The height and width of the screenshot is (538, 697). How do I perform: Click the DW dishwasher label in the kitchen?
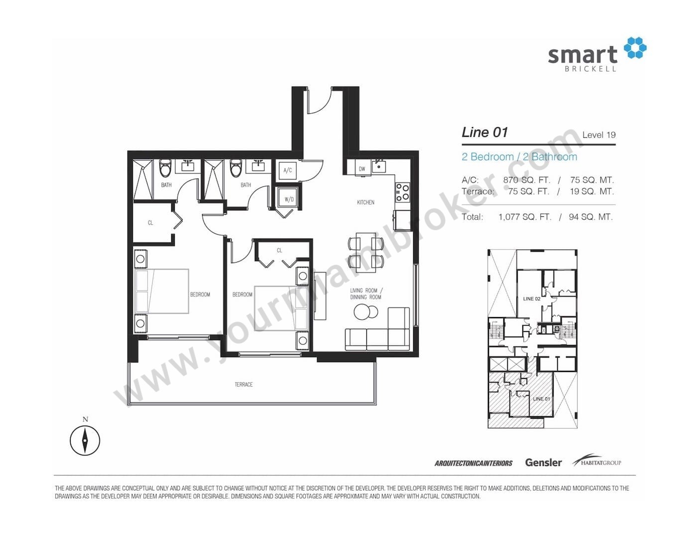pos(362,169)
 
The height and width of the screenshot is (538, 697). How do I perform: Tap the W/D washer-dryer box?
pos(289,199)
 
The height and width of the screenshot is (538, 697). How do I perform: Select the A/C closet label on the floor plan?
pos(288,171)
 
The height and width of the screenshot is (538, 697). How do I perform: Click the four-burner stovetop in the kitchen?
pos(403,192)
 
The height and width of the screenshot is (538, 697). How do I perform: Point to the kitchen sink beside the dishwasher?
pos(379,166)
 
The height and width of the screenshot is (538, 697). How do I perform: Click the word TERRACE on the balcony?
pos(243,384)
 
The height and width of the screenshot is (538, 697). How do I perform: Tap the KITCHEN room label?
pos(365,202)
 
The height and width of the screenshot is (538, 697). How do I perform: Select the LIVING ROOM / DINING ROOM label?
pos(366,294)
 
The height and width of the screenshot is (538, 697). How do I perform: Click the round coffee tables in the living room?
pos(365,311)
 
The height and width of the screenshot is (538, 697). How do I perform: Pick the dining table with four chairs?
pos(365,253)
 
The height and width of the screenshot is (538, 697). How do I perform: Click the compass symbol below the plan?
pos(85,441)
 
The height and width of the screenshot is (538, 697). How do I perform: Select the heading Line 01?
pos(484,132)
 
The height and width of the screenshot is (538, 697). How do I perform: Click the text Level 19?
pos(599,135)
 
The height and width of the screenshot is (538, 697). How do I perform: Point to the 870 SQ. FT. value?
pos(526,180)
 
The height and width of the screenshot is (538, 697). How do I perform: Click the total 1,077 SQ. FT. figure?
pos(525,217)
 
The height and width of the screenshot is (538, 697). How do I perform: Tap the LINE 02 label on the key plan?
pos(532,299)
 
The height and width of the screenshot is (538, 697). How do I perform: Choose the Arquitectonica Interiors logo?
pos(473,463)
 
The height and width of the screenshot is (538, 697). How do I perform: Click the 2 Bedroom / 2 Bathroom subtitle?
pos(519,157)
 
